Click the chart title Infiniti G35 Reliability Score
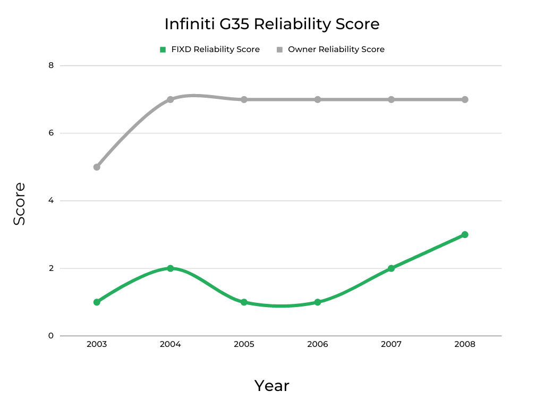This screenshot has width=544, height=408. pos(271,24)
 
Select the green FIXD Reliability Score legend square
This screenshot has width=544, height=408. pos(163,49)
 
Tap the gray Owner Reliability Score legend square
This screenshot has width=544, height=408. pos(279,49)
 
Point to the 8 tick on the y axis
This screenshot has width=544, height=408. pos(51,65)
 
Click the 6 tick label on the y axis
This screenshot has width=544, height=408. pos(51,133)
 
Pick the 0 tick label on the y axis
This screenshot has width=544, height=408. pos(51,336)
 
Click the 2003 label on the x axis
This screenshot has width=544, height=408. pos(97,344)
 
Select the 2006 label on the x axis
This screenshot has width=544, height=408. pos(318,344)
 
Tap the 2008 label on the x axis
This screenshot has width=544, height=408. pos(465,344)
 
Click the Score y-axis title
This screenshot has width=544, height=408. pos(20,204)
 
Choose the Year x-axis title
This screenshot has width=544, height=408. pos(271,386)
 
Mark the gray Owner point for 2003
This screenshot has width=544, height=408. pos(97,167)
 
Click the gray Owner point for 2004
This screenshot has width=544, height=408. pos(171,99)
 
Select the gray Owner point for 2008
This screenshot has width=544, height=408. pos(465,99)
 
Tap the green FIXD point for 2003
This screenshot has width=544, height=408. pos(97,302)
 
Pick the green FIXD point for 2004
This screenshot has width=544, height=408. pos(171,268)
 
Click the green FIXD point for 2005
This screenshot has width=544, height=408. pos(244,302)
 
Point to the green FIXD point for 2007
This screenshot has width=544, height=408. pos(391,268)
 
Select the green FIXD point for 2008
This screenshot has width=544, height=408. pos(465,234)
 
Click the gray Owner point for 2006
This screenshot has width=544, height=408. pos(318,99)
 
